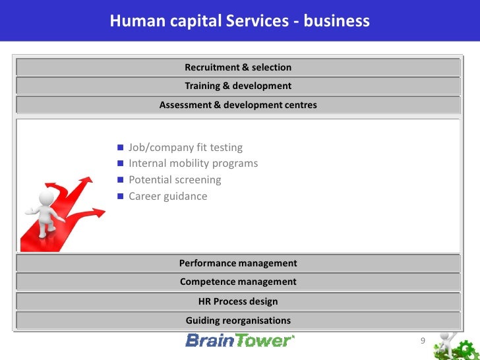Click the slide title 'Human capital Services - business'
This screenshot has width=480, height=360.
239,21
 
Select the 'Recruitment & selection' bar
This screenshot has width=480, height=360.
238,67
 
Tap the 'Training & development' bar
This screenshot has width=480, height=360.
238,86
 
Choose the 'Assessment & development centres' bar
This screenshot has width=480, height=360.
238,105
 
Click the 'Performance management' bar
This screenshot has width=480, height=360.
238,263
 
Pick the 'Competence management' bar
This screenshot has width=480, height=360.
238,282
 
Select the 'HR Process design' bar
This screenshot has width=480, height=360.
238,301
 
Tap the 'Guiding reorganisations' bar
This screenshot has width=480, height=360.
238,320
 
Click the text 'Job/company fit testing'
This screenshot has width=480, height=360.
185,148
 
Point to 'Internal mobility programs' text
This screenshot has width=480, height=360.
193,164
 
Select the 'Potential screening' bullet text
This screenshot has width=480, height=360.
175,180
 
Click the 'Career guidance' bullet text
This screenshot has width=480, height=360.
167,196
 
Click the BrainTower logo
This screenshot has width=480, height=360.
239,340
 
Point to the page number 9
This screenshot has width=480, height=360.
423,341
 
